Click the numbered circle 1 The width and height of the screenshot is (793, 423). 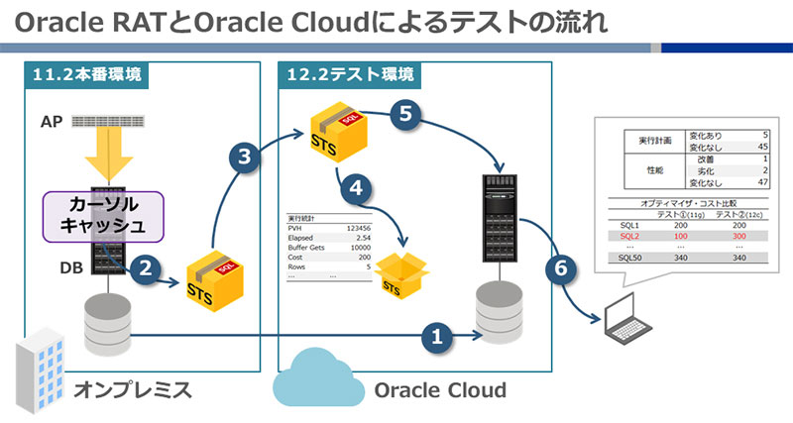437,337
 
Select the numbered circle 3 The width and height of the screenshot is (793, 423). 244,157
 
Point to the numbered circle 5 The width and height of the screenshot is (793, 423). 401,114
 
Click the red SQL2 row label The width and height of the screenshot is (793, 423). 629,238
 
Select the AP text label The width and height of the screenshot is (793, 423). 52,122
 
